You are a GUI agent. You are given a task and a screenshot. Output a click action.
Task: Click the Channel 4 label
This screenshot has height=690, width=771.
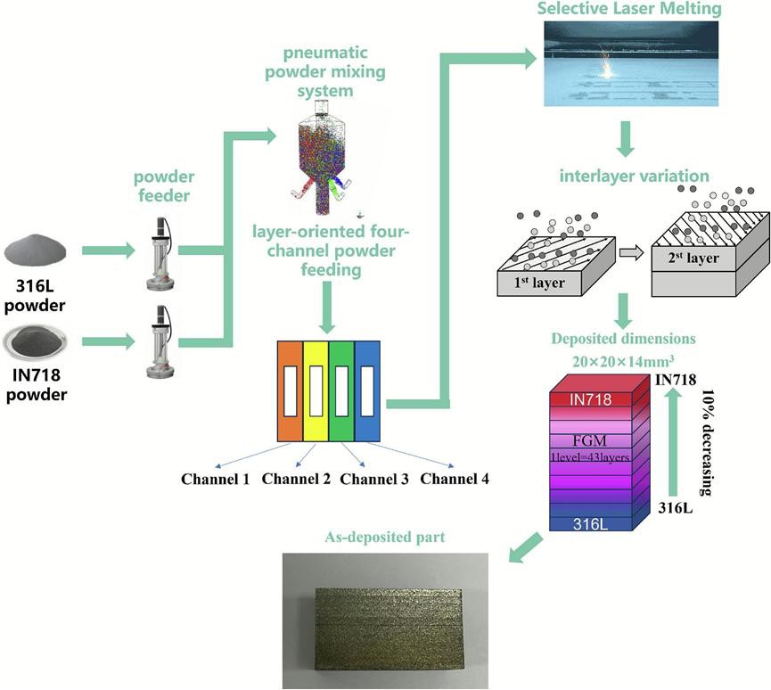click(454, 479)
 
